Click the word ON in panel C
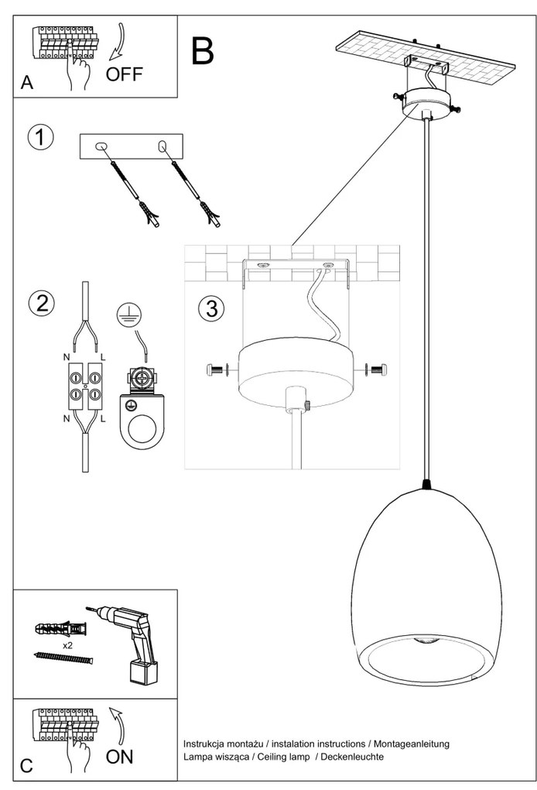click(x=119, y=757)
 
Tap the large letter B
click(x=203, y=50)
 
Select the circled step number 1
click(x=41, y=137)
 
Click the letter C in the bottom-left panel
click(x=26, y=766)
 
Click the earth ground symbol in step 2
click(x=128, y=314)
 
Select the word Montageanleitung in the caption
click(x=411, y=743)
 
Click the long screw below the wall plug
click(x=63, y=658)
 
